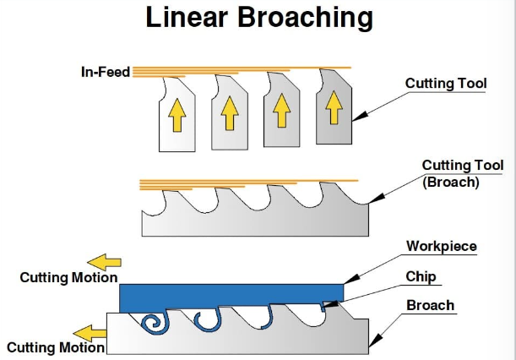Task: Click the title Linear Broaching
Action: pyautogui.click(x=258, y=19)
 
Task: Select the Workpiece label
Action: pyautogui.click(x=441, y=247)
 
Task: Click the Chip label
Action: pyautogui.click(x=421, y=276)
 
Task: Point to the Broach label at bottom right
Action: pyautogui.click(x=430, y=305)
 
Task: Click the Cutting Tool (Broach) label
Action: pyautogui.click(x=462, y=173)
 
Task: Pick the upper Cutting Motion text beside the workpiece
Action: pyautogui.click(x=68, y=277)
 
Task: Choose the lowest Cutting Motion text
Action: pyautogui.click(x=56, y=346)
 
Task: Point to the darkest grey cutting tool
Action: pyautogui.click(x=334, y=108)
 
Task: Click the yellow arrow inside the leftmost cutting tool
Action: pyautogui.click(x=176, y=115)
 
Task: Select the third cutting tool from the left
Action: pyautogui.click(x=281, y=110)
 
